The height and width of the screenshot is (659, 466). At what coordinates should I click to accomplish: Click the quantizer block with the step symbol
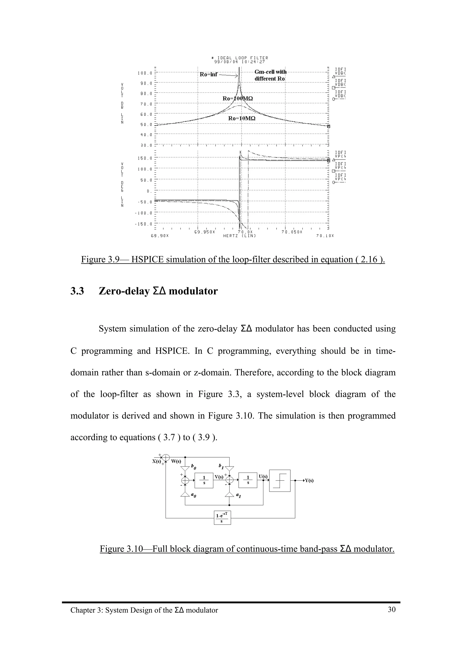280,480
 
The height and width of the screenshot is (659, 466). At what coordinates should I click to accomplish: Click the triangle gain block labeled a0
185,494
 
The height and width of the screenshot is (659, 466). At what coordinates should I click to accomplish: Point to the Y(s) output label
309,480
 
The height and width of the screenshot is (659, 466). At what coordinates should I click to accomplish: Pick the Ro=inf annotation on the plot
208,75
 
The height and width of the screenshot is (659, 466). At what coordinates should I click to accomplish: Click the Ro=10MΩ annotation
242,118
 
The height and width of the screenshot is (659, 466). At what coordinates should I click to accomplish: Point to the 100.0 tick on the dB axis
145,73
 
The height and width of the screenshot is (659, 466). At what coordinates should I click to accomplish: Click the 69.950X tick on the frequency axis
204,232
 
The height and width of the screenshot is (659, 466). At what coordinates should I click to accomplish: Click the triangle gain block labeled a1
229,494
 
